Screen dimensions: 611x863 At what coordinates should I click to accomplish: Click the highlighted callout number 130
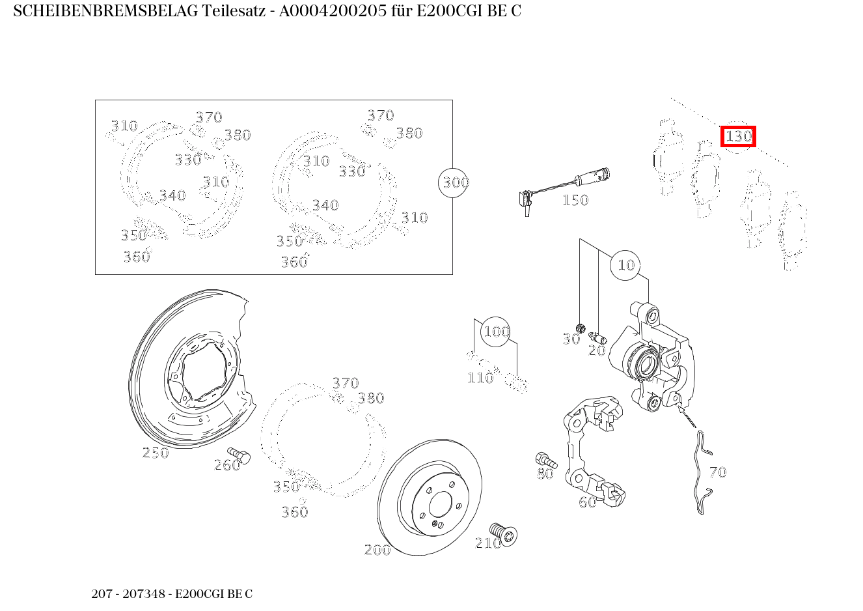pos(738,137)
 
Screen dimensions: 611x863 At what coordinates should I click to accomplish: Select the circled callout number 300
pos(455,182)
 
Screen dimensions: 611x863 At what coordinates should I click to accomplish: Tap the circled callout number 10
pos(625,265)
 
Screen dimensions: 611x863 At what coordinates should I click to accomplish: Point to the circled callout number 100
pos(496,332)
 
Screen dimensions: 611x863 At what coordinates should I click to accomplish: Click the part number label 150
pos(575,200)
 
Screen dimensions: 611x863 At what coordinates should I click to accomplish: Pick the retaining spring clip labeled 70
pos(700,472)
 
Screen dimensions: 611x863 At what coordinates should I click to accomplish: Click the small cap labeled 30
pos(581,327)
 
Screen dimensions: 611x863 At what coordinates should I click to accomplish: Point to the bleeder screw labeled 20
pos(597,337)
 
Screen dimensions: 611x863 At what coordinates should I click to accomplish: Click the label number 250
pos(156,453)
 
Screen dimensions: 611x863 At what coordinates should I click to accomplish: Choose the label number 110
pos(480,378)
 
